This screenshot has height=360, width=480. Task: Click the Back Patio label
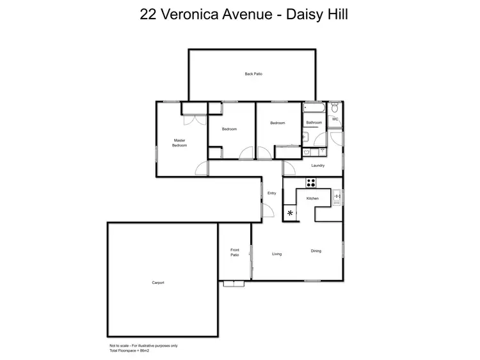tap(253, 74)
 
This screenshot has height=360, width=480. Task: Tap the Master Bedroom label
tap(179, 143)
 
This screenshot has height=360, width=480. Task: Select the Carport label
tap(158, 283)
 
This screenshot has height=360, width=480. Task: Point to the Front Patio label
tap(235, 253)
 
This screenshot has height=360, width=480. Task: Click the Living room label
tap(276, 254)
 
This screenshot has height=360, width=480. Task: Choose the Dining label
tap(316, 251)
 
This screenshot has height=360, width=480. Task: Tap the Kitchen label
tap(312, 199)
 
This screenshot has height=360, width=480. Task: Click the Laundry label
tap(318, 166)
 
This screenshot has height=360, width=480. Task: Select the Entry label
tap(272, 193)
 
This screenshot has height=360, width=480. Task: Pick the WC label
tap(335, 119)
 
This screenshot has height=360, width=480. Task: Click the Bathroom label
tap(314, 122)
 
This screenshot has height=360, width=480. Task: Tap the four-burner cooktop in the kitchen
tap(312, 182)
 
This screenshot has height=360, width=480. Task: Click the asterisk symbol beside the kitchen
tap(291, 213)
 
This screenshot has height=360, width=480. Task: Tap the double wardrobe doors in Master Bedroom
tap(193, 120)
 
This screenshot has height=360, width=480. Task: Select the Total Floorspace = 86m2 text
tap(129, 351)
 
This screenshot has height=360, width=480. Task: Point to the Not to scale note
tap(138, 346)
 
